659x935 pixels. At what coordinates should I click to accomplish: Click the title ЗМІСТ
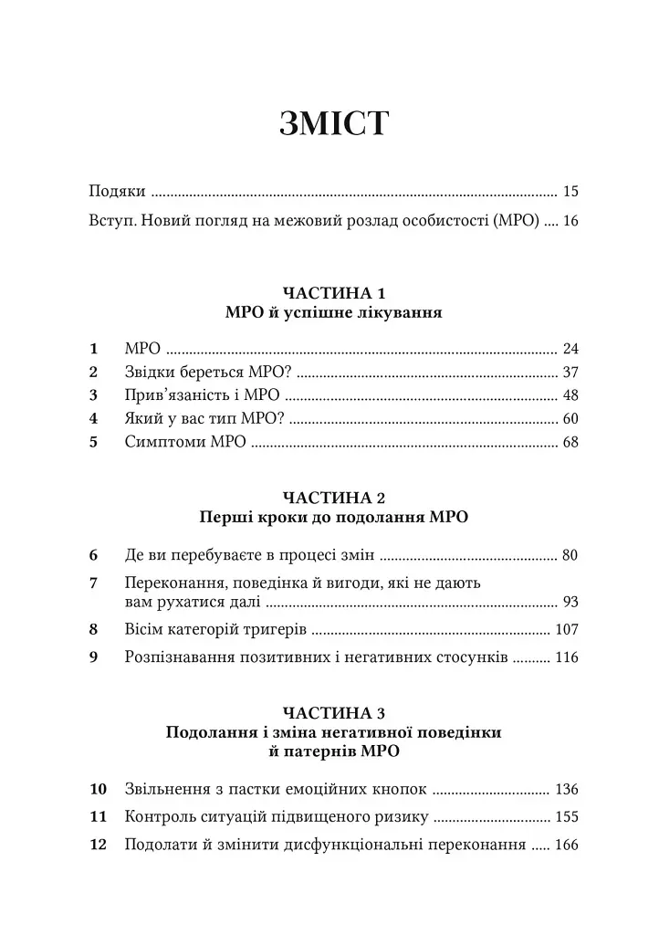334,121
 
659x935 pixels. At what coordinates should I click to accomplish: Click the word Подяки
117,192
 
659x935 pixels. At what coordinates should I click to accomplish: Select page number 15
571,192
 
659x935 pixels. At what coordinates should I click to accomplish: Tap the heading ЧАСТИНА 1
334,293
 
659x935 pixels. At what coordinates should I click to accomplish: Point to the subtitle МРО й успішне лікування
334,313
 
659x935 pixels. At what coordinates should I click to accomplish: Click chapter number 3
93,396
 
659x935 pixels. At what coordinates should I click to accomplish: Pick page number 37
571,373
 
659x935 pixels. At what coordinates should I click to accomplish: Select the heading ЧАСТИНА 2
334,498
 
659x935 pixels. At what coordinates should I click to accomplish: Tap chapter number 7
93,583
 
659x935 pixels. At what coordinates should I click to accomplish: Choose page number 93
571,602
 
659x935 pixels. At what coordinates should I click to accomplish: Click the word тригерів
276,630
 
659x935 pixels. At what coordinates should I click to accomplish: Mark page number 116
567,657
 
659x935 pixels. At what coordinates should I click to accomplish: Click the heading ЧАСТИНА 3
334,712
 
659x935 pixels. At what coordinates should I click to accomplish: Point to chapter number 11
99,817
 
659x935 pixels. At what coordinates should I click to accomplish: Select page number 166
567,846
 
